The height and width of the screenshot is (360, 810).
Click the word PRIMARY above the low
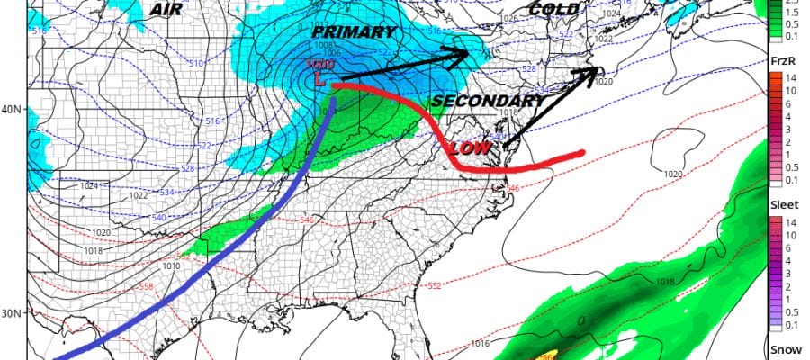click(x=354, y=32)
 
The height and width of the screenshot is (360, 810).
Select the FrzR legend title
click(x=782, y=60)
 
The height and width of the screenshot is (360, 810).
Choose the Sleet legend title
click(x=782, y=205)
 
